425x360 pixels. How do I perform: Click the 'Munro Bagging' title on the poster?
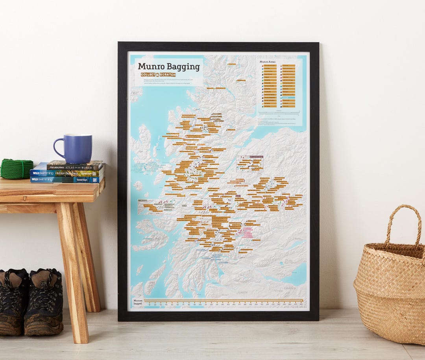coord(169,66)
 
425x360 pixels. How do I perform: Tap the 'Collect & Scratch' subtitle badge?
coord(158,75)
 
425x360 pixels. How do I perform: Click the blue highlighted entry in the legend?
coord(288,97)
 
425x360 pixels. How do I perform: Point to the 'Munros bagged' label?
coord(138,303)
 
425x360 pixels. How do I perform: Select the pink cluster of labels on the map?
coord(246,233)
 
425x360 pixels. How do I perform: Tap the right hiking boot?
coord(44,301)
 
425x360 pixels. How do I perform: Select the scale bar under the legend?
coord(279,113)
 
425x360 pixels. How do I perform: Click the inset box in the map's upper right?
coord(249,164)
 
